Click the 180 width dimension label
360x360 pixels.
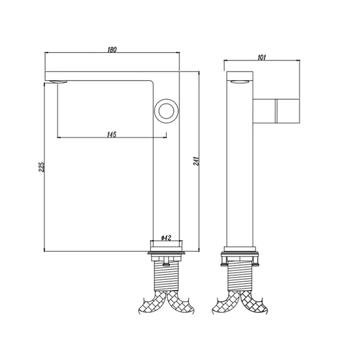coord(112,50)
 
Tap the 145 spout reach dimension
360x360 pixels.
coord(112,134)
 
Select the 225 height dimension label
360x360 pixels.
coord(41,167)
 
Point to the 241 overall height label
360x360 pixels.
coord(196,161)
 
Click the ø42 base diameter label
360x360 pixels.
coord(166,238)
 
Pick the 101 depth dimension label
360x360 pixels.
coord(262,57)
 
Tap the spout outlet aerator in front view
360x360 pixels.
coord(58,82)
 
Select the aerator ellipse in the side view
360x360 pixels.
coord(239,82)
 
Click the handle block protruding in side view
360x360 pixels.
coord(276,111)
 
